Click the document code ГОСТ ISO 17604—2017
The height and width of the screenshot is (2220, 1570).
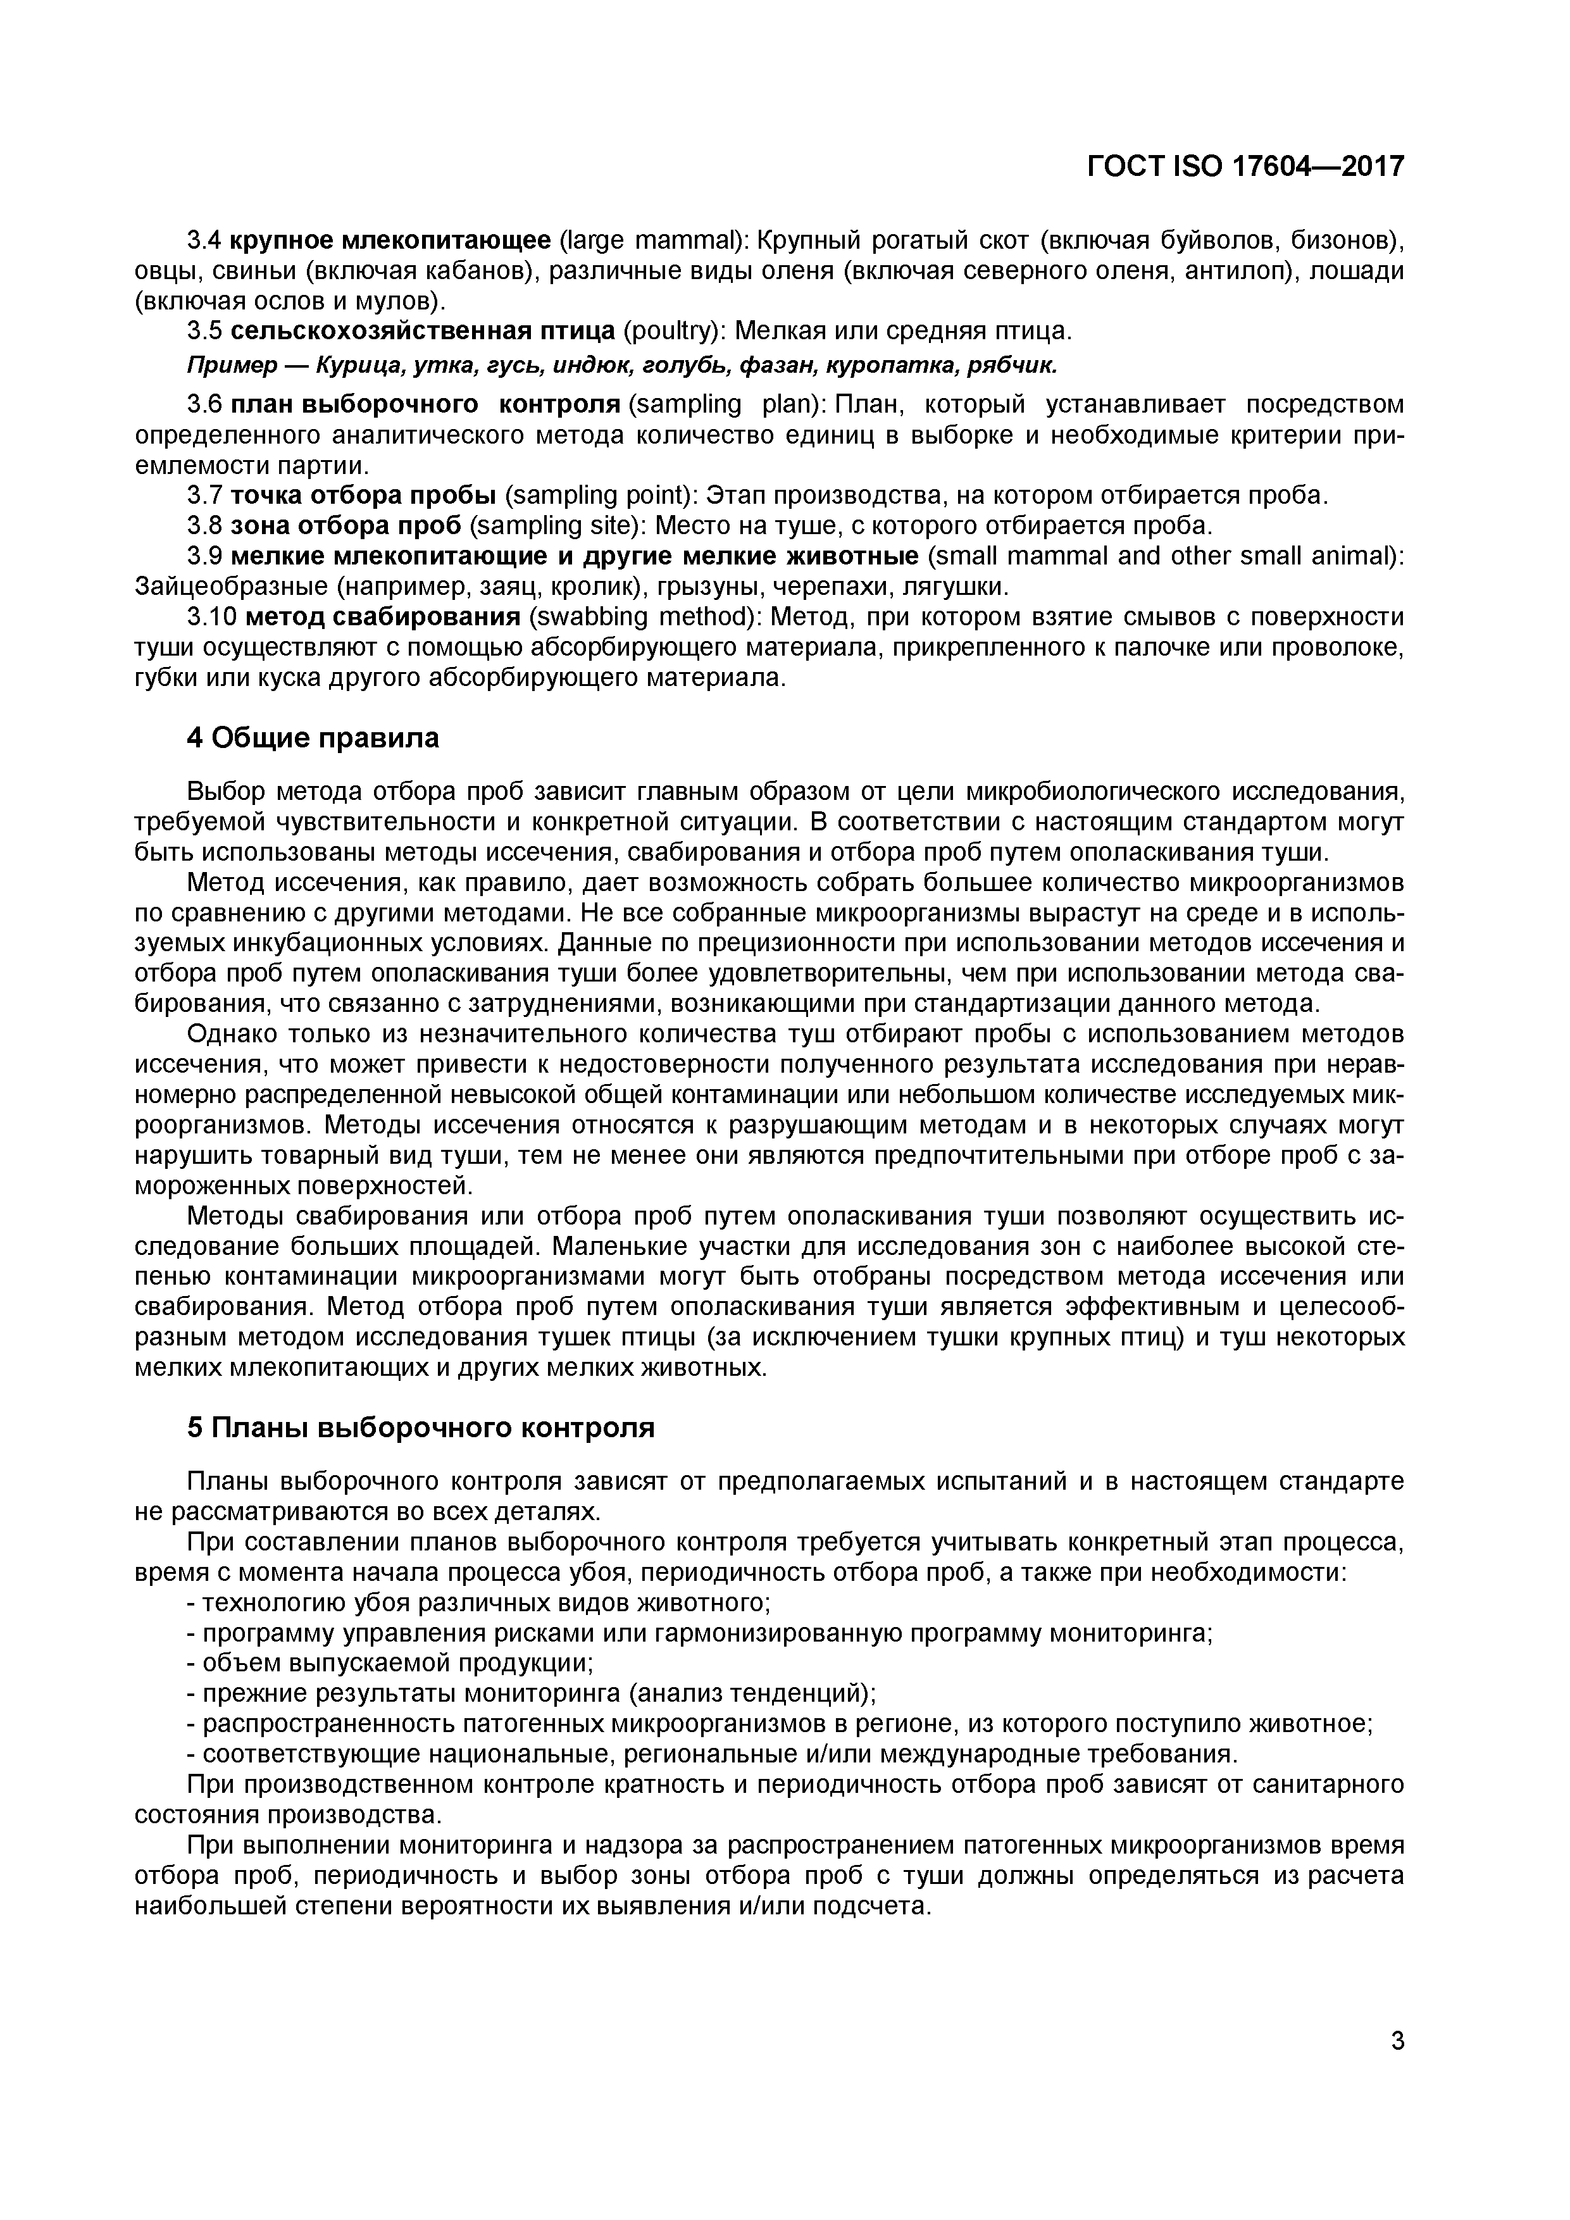tap(1245, 166)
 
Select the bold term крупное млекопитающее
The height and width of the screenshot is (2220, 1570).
tap(390, 240)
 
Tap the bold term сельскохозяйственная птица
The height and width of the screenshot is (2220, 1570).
tap(423, 332)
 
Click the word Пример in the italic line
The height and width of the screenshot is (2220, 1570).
tap(223, 366)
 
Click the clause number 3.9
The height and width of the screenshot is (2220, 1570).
tap(204, 557)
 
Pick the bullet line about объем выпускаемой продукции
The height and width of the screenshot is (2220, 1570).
tap(389, 1663)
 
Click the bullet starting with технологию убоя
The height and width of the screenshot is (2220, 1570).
tap(478, 1603)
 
